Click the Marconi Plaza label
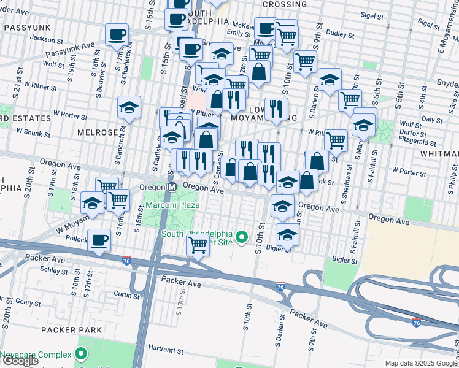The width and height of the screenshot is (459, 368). (171, 205)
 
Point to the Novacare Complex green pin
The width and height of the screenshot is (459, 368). (80, 355)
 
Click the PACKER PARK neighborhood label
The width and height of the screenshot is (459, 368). (67, 329)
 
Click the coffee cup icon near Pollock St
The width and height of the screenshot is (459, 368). (99, 240)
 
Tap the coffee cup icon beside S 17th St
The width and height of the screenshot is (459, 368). (116, 35)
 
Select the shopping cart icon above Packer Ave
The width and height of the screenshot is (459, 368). (198, 246)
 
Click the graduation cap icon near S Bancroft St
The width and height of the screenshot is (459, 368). (129, 107)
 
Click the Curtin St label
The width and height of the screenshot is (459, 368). (127, 295)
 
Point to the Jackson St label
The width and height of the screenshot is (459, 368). (43, 38)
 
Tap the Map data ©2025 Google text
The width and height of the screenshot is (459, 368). (421, 363)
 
